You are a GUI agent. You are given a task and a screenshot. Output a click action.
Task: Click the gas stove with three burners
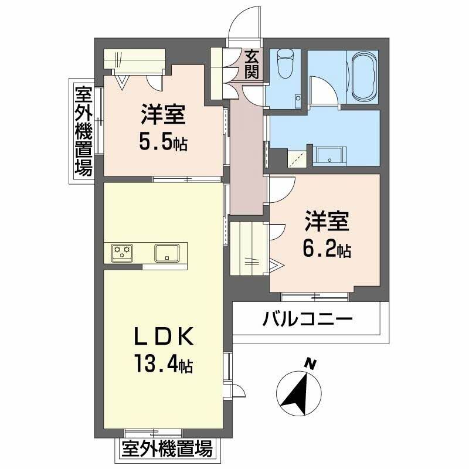[x=123, y=253]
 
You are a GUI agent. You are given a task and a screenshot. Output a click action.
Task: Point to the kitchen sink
[x=167, y=253]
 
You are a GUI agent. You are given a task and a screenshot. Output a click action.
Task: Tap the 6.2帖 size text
[x=327, y=250]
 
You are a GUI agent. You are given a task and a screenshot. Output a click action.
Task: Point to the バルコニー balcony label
[x=307, y=320]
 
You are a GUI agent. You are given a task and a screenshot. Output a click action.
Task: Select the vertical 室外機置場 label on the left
[x=83, y=130]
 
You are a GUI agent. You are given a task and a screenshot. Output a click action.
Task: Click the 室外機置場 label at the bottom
[x=166, y=450]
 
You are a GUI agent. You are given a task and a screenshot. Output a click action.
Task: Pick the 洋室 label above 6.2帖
[x=327, y=223]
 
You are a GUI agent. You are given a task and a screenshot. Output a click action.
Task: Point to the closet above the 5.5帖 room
[x=135, y=60]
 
